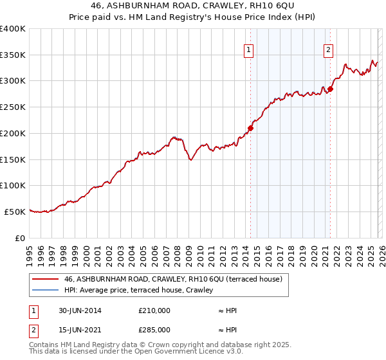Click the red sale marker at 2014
pyautogui.click(x=251, y=128)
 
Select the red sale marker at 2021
pyautogui.click(x=330, y=89)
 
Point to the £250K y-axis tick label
pyautogui.click(x=13, y=107)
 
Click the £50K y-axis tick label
pyautogui.click(x=15, y=211)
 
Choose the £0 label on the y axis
pyautogui.click(x=21, y=237)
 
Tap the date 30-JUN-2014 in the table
pyautogui.click(x=79, y=310)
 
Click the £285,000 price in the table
pyautogui.click(x=154, y=330)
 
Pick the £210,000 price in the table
pyautogui.click(x=154, y=310)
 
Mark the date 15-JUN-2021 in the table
pyautogui.click(x=79, y=330)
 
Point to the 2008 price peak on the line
pyautogui.click(x=174, y=137)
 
